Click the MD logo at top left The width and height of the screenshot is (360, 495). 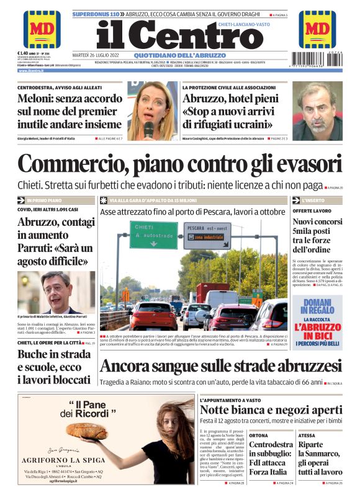coord(41,29)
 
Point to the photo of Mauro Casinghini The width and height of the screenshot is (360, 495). coord(317,111)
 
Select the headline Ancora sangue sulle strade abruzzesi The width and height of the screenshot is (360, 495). coord(220,365)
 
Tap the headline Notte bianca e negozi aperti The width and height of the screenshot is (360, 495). coord(271,410)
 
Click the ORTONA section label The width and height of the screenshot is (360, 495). coord(259,435)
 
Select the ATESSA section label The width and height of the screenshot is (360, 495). coord(307,435)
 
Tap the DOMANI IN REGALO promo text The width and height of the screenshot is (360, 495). coord(318,305)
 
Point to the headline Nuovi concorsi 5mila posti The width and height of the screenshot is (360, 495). coord(317,236)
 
